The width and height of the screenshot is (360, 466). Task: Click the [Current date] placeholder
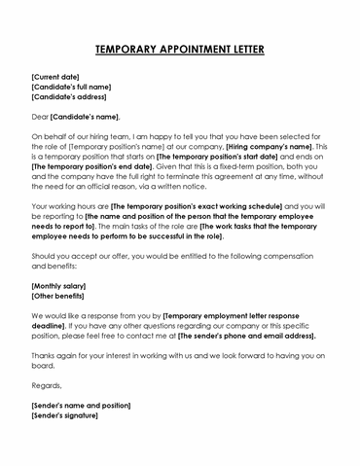pyautogui.click(x=55, y=77)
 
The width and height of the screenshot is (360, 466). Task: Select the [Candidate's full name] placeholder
pyautogui.click(x=74, y=87)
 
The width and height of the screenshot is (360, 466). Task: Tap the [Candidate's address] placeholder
pyautogui.click(x=69, y=97)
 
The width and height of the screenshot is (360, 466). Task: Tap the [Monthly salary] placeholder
pyautogui.click(x=58, y=286)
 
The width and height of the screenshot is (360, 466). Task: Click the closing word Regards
pyautogui.click(x=46, y=385)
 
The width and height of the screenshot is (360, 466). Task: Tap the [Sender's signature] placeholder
pyautogui.click(x=65, y=415)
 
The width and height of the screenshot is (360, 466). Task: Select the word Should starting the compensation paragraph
pyautogui.click(x=45, y=257)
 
